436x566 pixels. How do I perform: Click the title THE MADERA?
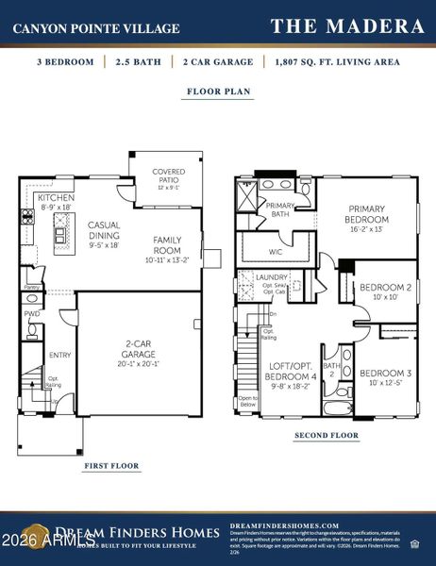pyautogui.click(x=347, y=26)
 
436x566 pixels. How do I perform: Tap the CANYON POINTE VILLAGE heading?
pyautogui.click(x=95, y=29)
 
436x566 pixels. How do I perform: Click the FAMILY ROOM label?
pyautogui.click(x=167, y=245)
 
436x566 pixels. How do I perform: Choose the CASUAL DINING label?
pyautogui.click(x=103, y=231)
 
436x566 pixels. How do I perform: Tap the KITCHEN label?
pyautogui.click(x=56, y=199)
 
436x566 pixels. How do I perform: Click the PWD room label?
pyautogui.click(x=31, y=313)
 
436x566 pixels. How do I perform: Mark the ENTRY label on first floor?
pyautogui.click(x=59, y=355)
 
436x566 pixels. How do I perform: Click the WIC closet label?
pyautogui.click(x=277, y=252)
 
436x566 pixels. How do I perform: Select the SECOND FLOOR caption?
pyautogui.click(x=327, y=435)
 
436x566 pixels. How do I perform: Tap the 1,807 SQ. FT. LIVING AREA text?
pyautogui.click(x=336, y=62)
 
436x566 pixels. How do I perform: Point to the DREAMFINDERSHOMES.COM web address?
pyautogui.click(x=283, y=525)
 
